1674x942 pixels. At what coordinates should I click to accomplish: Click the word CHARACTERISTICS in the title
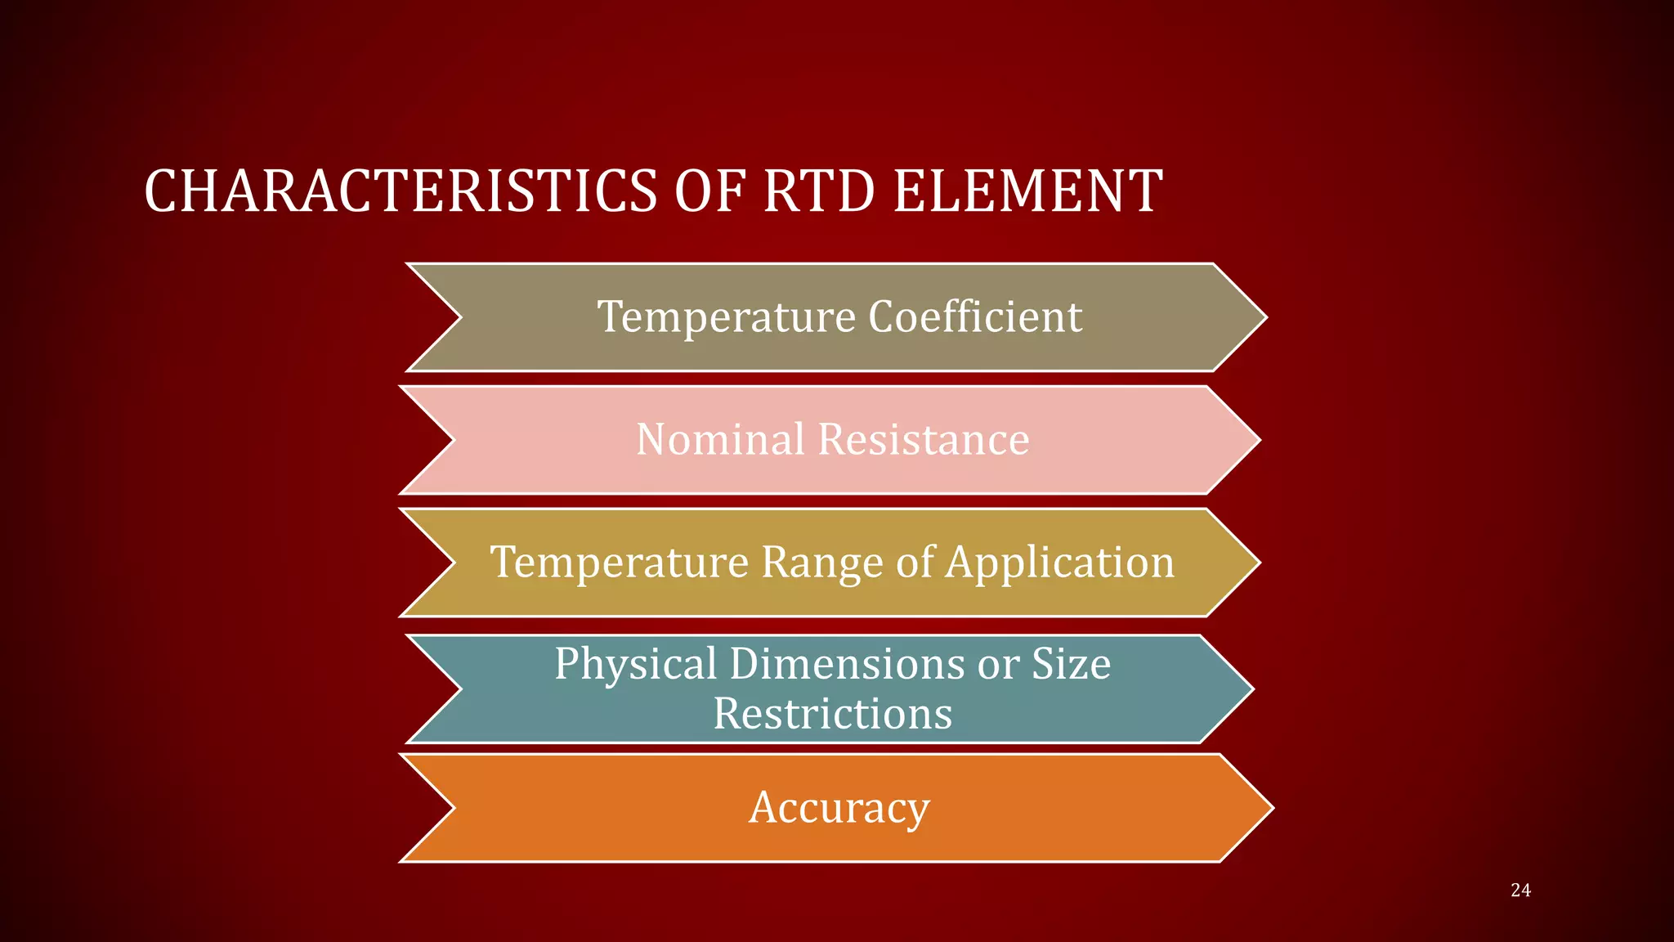click(x=401, y=191)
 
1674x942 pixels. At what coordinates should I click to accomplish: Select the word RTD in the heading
click(x=818, y=191)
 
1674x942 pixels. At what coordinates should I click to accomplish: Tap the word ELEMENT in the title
click(x=1027, y=191)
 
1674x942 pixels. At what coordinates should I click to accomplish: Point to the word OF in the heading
click(x=709, y=191)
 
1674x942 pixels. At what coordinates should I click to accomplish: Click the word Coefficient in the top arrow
click(x=975, y=316)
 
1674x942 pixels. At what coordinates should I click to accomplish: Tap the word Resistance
click(x=924, y=439)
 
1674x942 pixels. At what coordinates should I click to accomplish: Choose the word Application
click(x=1060, y=562)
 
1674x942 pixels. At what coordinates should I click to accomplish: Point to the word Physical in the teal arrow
click(x=636, y=663)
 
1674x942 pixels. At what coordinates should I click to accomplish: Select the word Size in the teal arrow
click(x=1071, y=663)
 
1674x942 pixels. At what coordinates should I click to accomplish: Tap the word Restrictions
click(x=833, y=714)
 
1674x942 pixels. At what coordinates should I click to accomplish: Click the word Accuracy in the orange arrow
click(x=839, y=808)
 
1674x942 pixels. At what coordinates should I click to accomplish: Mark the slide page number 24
click(x=1520, y=890)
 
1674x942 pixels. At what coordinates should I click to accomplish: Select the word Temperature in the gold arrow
click(x=619, y=562)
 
